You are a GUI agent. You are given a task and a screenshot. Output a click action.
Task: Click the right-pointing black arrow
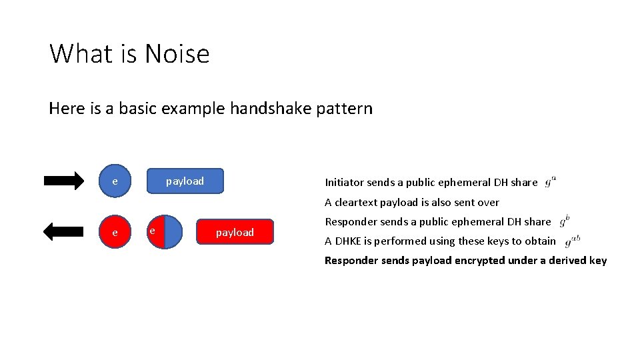coord(64,181)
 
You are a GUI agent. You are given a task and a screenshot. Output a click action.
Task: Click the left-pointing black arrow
coord(64,232)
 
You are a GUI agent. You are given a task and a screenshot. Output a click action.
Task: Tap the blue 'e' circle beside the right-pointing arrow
coord(115,181)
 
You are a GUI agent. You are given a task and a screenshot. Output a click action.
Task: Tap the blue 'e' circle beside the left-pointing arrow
coord(115,233)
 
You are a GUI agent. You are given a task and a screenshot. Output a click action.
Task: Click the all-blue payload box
coord(185,181)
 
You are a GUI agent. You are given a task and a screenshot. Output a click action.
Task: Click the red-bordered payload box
coord(235,232)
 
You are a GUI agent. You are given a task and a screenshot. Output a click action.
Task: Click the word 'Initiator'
coord(344,183)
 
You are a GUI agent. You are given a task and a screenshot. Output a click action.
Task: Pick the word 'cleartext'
coord(355,202)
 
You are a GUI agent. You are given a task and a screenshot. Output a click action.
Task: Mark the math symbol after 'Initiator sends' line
coord(551,181)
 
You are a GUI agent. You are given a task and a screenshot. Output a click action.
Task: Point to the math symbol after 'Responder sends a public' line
coord(564,220)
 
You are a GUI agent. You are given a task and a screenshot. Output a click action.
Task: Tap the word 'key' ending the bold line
coord(597,260)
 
